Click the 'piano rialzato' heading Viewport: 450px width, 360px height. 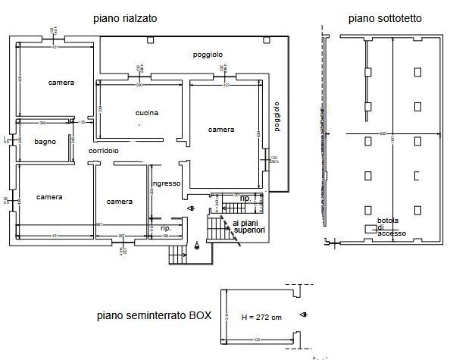pyautogui.click(x=124, y=17)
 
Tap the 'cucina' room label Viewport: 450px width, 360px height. pyautogui.click(x=146, y=113)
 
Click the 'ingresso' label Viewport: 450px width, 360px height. pyautogui.click(x=165, y=183)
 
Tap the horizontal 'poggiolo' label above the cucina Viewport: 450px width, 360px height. pyautogui.click(x=207, y=55)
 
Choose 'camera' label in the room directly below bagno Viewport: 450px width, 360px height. pyautogui.click(x=48, y=197)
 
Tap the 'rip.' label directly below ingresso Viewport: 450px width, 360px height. pyautogui.click(x=166, y=227)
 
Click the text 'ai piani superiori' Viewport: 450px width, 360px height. pyautogui.click(x=249, y=226)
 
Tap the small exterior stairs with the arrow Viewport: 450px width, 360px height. pyautogui.click(x=177, y=255)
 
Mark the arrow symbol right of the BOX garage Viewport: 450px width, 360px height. pyautogui.click(x=304, y=315)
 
